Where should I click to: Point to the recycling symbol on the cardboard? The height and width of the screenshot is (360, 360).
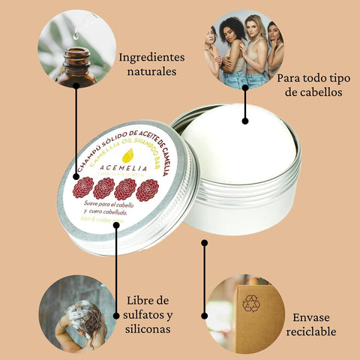[250, 303]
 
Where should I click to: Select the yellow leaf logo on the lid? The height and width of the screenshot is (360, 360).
[127, 156]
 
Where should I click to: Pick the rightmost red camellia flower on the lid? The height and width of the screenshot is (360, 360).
[147, 190]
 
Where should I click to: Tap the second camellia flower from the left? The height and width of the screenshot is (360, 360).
[103, 187]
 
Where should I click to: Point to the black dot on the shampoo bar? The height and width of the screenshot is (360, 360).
[244, 120]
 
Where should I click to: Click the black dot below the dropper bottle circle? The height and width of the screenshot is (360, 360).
[76, 85]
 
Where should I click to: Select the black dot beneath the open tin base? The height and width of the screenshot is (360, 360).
[204, 242]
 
